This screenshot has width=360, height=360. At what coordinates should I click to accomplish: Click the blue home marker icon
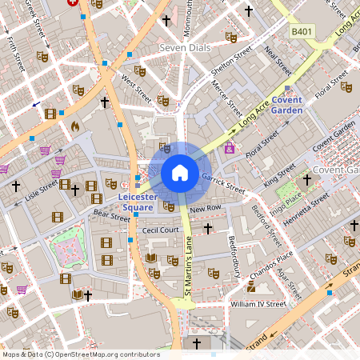[x=180, y=172]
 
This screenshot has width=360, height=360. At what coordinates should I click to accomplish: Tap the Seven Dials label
[x=185, y=48]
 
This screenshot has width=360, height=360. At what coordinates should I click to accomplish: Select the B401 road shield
[x=302, y=31]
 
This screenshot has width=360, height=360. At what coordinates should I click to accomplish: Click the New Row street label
[x=205, y=208]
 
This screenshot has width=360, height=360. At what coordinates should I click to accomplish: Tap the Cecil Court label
[x=160, y=230]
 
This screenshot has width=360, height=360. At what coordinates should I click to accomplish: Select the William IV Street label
[x=258, y=304]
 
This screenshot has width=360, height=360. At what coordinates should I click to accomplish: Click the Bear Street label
[x=111, y=215]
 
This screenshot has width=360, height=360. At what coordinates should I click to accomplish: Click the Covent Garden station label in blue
[x=286, y=105]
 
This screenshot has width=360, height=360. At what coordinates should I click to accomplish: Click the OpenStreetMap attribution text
[x=80, y=354]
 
